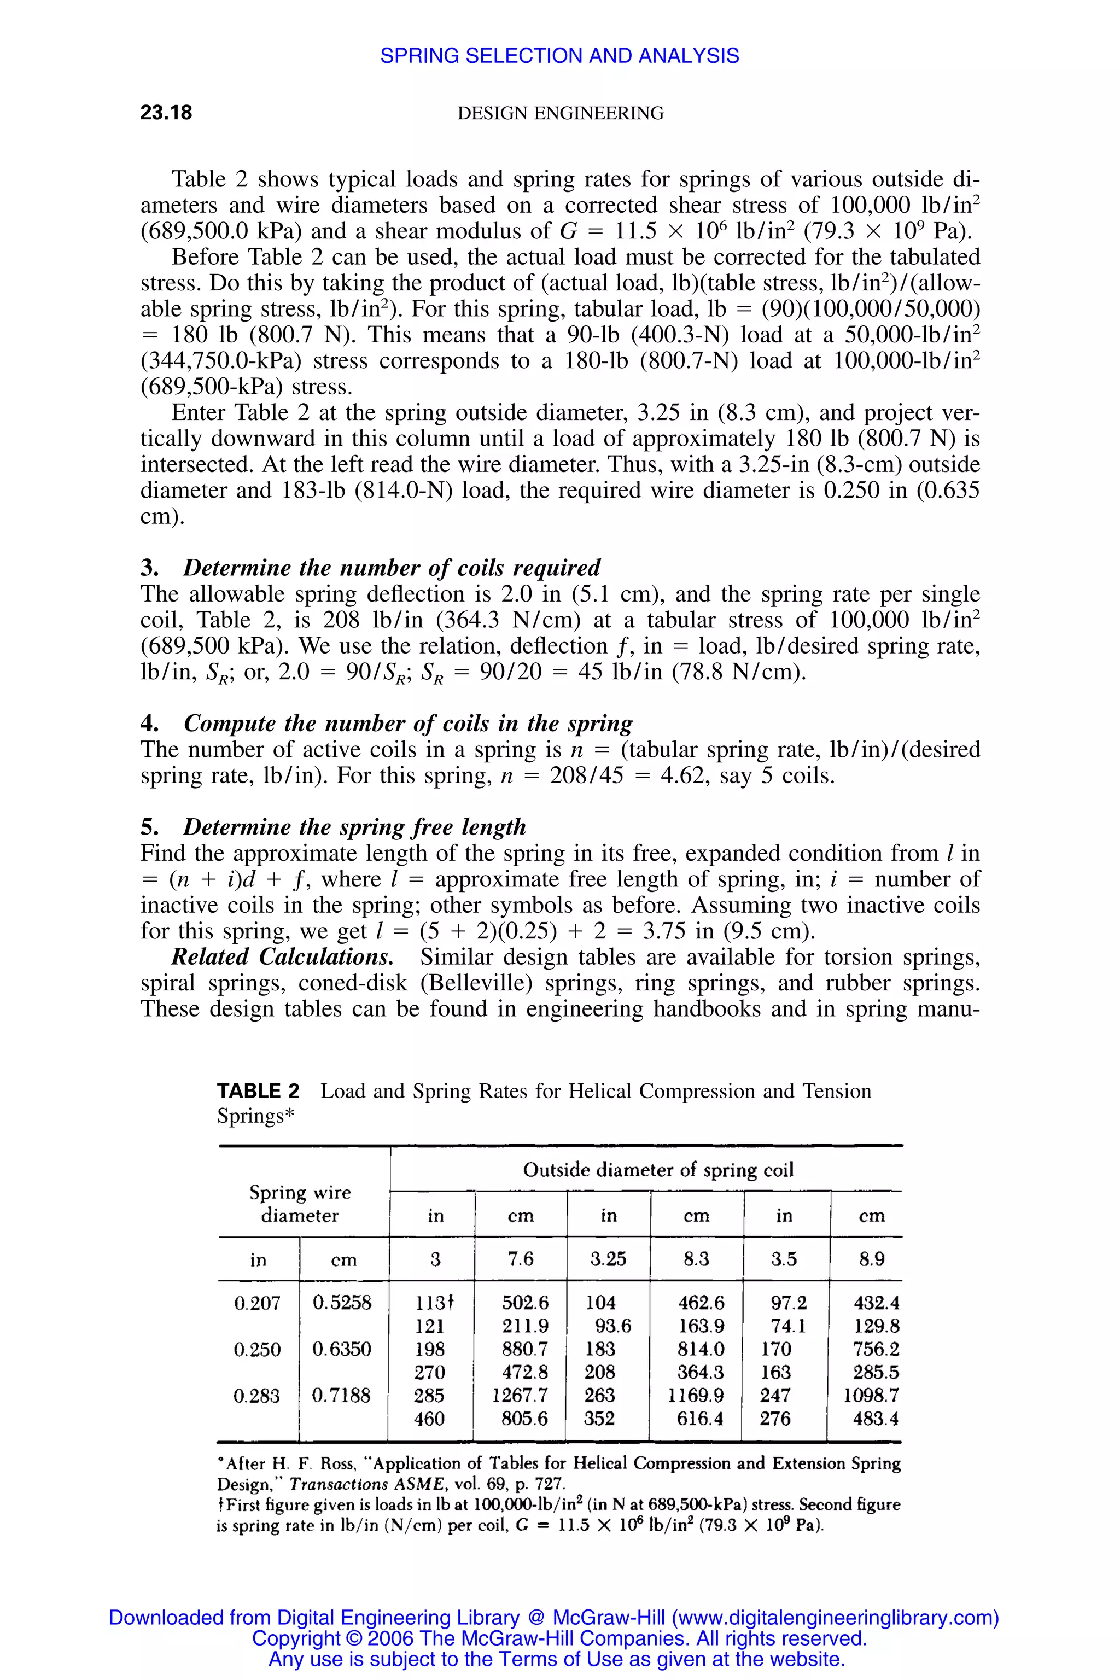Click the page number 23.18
click(x=166, y=113)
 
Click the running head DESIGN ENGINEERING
click(x=560, y=113)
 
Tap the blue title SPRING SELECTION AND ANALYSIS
click(x=559, y=56)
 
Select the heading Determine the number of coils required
click(x=392, y=568)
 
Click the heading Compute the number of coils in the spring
click(x=408, y=724)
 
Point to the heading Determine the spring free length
click(x=354, y=827)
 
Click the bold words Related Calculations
click(x=282, y=957)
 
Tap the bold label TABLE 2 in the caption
click(x=258, y=1092)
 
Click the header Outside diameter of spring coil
click(x=658, y=1170)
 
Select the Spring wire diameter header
click(x=300, y=1204)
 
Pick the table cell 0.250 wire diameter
click(x=257, y=1349)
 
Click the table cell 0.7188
click(x=341, y=1396)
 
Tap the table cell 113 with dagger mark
click(x=434, y=1303)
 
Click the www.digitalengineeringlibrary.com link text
click(x=835, y=1618)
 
